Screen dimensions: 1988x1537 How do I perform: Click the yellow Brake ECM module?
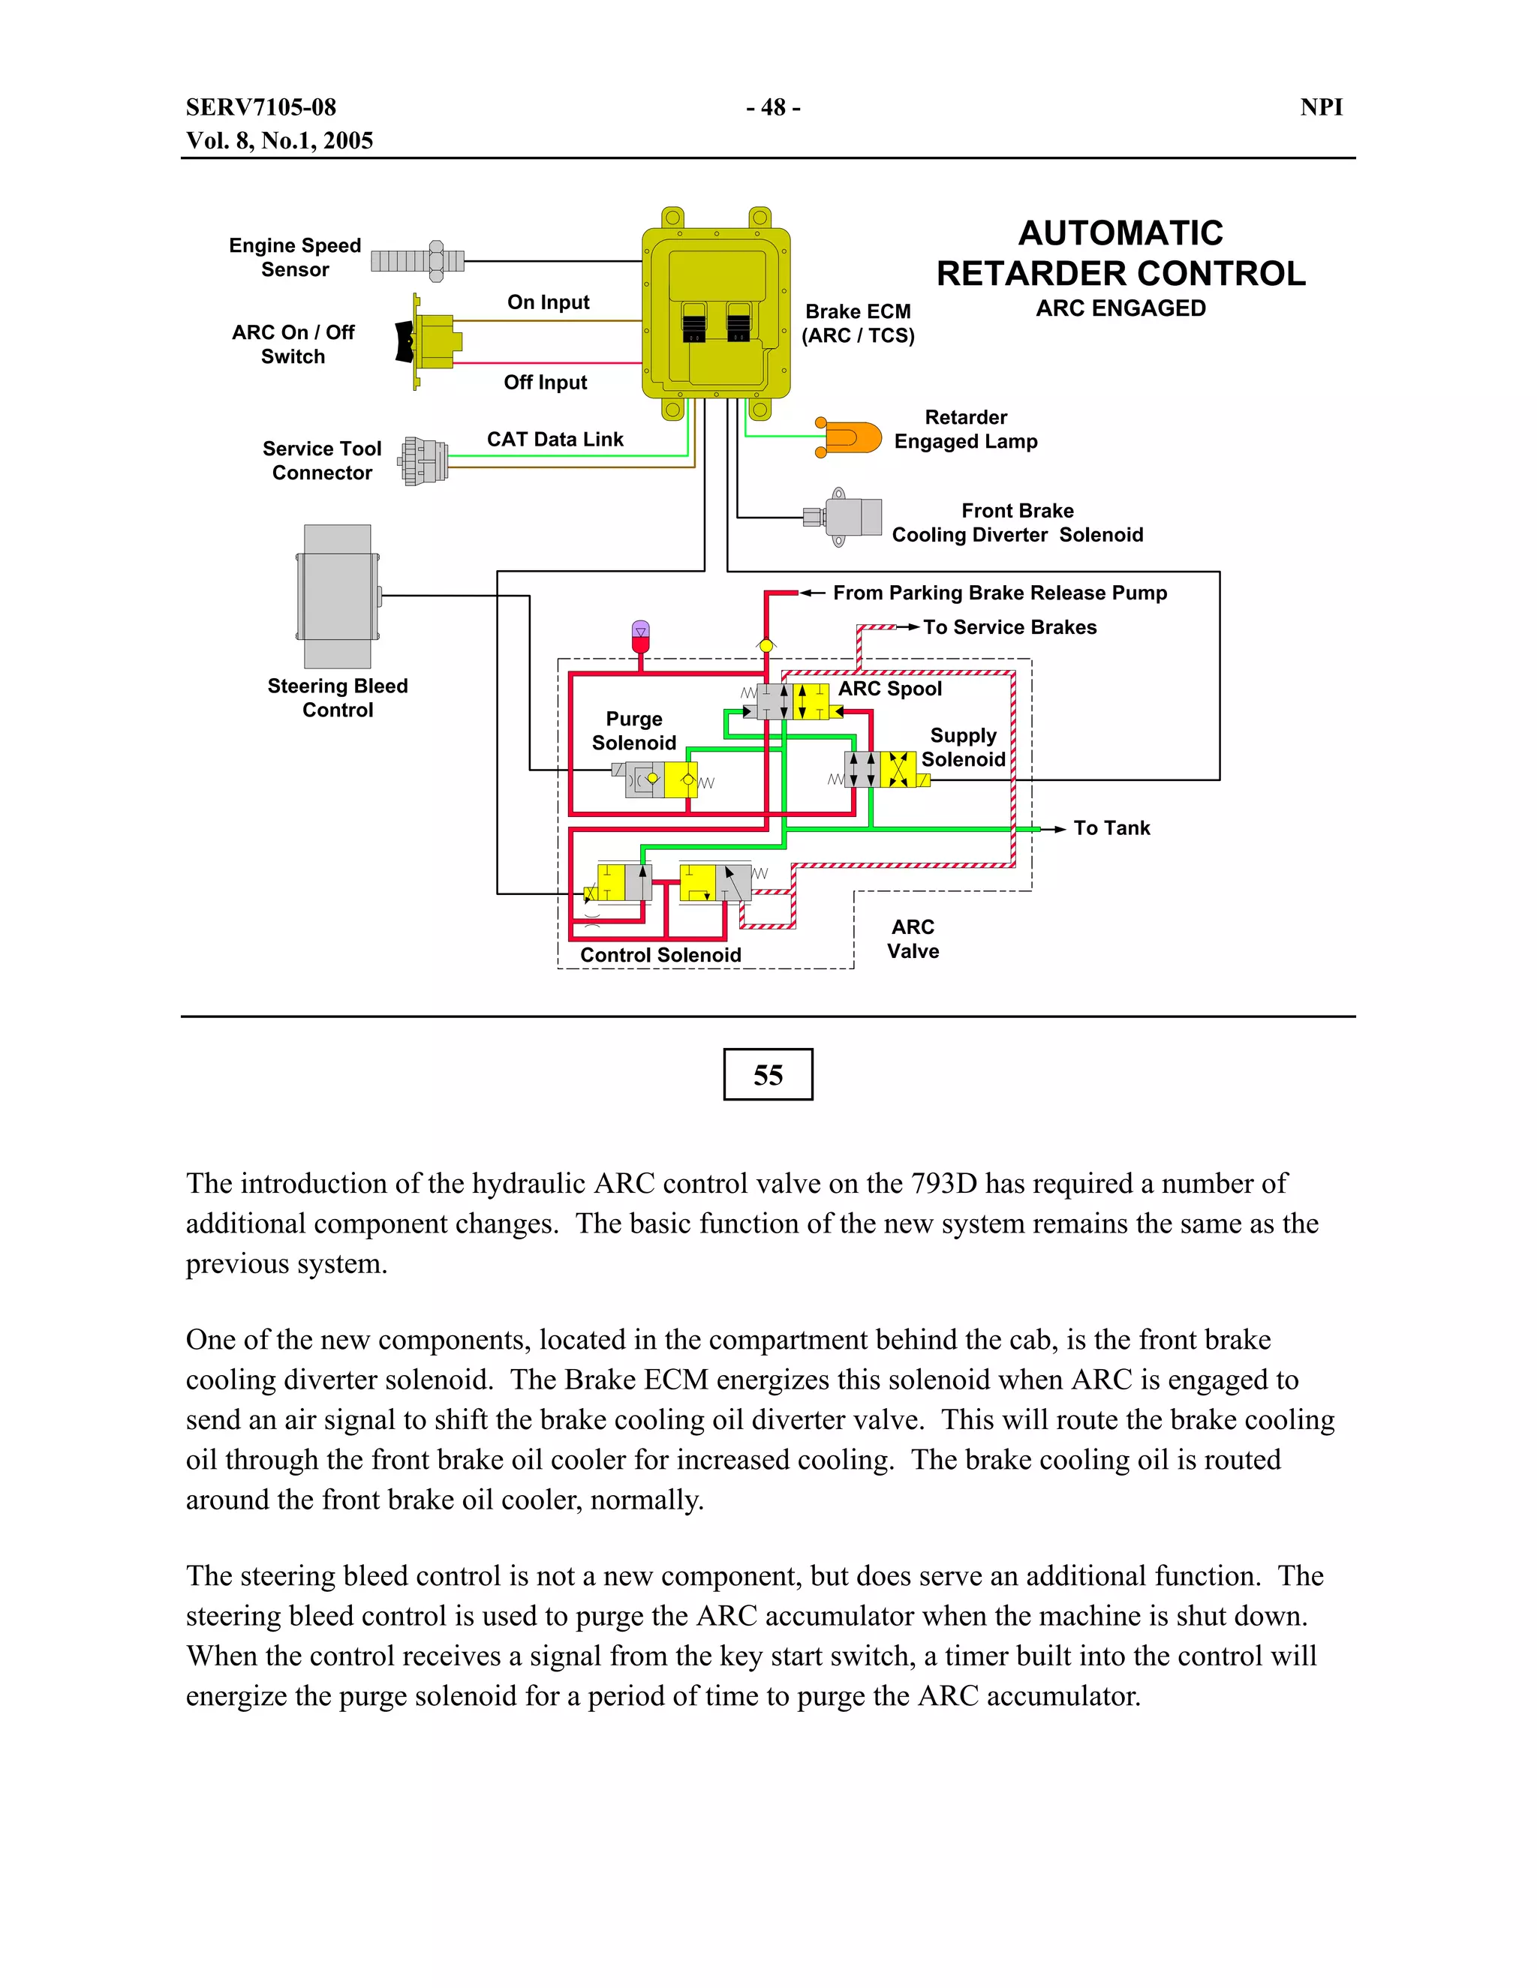click(x=716, y=314)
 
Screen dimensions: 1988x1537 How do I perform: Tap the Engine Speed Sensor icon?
click(x=418, y=261)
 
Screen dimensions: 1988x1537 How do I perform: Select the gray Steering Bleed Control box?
click(x=338, y=596)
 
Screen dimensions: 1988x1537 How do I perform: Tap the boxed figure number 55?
click(x=768, y=1075)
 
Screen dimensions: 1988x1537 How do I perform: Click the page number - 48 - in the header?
click(x=773, y=107)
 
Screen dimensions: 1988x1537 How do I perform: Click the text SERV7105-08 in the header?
click(x=261, y=107)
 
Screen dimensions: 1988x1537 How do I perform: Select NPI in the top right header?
click(x=1321, y=107)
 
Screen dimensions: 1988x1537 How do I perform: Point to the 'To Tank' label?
click(x=1111, y=828)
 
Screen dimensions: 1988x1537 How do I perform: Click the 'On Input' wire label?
click(x=548, y=302)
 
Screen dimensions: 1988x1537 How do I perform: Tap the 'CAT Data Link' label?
click(x=555, y=440)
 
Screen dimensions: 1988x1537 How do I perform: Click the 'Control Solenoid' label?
click(x=660, y=955)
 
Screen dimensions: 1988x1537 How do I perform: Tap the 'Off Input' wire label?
click(x=546, y=383)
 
